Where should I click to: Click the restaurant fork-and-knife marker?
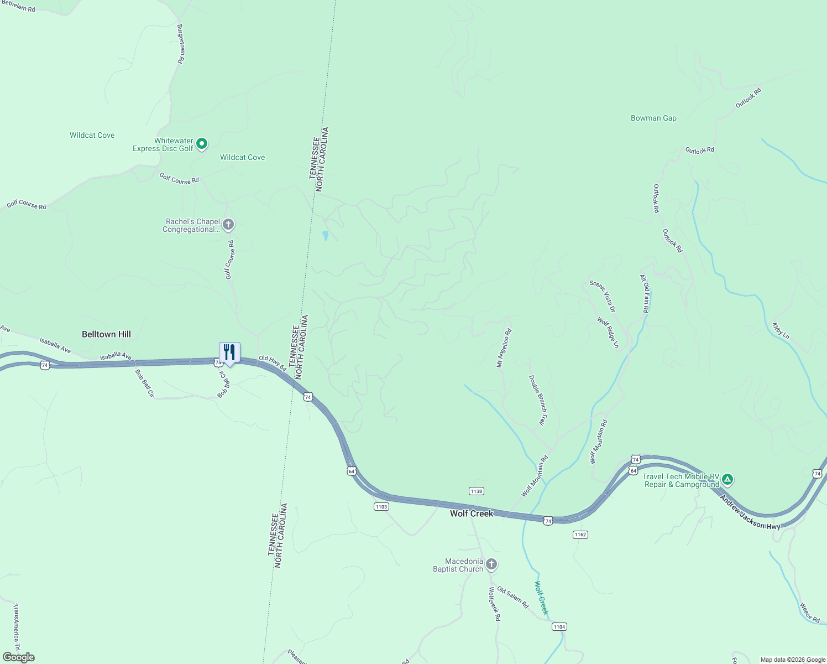(229, 352)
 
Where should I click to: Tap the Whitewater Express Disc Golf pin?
(202, 144)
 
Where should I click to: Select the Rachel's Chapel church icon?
(228, 225)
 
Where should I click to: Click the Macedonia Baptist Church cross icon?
(491, 564)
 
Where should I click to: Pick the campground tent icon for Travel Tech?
(727, 479)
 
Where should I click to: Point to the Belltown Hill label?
(106, 334)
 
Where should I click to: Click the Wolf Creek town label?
(471, 513)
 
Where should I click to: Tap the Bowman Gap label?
(653, 118)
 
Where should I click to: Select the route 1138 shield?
(476, 491)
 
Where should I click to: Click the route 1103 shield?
(381, 506)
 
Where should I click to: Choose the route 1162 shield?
(580, 535)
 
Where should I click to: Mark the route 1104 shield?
(559, 626)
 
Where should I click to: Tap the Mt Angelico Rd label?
(504, 348)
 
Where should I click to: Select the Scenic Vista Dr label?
(603, 296)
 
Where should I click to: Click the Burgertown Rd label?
(180, 44)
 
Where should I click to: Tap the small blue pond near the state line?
(326, 236)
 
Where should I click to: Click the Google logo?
(18, 657)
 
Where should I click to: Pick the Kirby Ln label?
(781, 331)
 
